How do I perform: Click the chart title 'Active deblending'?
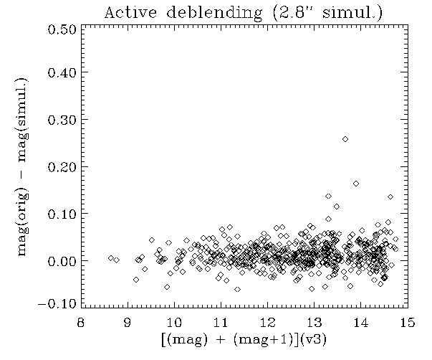[183, 13]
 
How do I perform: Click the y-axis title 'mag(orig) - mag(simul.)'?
[23, 167]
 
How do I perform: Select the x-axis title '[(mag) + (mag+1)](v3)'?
[244, 339]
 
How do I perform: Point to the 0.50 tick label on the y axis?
[62, 29]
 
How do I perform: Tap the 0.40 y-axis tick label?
[62, 72]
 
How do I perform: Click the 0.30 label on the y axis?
[62, 120]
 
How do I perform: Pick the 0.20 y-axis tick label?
[62, 167]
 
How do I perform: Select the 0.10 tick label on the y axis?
[62, 214]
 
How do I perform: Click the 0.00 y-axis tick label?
[62, 261]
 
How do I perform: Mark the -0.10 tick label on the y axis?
[57, 304]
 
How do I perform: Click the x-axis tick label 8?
[80, 322]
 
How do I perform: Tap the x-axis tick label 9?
[128, 322]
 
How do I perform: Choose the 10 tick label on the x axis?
[174, 322]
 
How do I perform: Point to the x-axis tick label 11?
[221, 322]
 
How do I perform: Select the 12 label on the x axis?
[267, 322]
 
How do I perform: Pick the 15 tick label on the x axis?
[408, 322]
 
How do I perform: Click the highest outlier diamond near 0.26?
[345, 139]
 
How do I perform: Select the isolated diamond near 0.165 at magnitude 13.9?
[356, 184]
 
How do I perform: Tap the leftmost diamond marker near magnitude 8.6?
[111, 258]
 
